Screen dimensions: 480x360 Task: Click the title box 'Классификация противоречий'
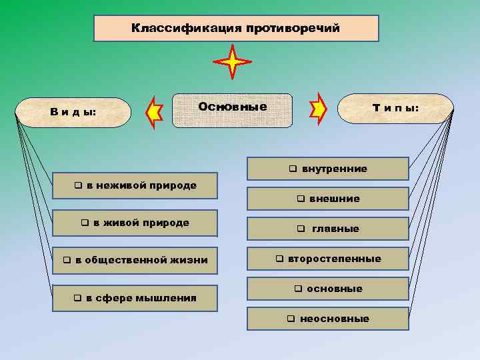click(x=236, y=29)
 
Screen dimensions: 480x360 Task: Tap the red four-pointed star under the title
click(x=232, y=63)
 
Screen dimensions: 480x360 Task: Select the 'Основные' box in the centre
click(x=232, y=109)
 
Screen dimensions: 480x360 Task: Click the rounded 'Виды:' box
click(x=73, y=112)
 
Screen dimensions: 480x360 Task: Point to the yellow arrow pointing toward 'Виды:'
click(x=155, y=113)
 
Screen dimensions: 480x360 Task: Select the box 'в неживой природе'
click(x=135, y=186)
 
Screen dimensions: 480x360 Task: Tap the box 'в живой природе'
click(x=135, y=223)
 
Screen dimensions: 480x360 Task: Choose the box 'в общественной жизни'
click(x=135, y=260)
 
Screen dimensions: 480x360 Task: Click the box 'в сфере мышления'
click(x=135, y=297)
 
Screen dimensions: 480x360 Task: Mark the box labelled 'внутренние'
click(x=327, y=169)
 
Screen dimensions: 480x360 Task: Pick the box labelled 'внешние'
click(x=327, y=199)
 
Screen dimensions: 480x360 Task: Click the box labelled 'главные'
click(x=327, y=229)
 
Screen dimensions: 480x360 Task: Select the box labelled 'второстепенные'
click(x=327, y=259)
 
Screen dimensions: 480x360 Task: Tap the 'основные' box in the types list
click(x=327, y=289)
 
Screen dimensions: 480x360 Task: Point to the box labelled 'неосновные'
click(x=327, y=319)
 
